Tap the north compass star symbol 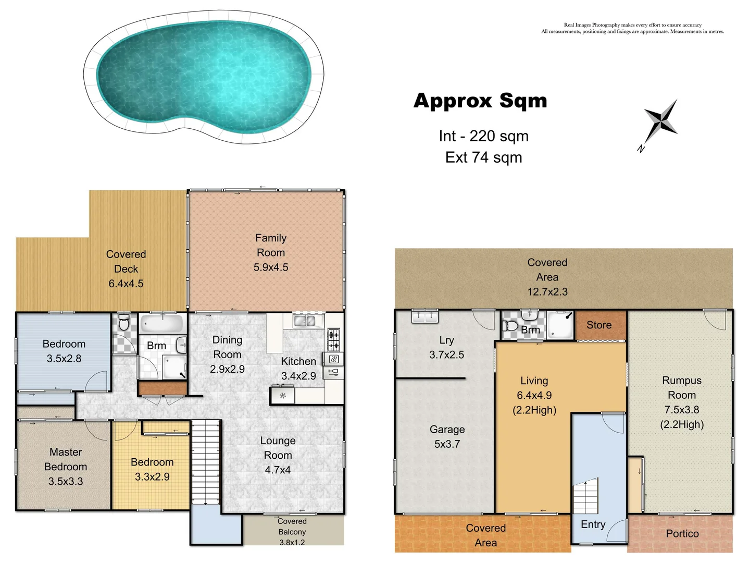coord(660,120)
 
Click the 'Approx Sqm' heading coord(480,101)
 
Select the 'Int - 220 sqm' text coord(483,136)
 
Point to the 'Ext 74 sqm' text coord(483,157)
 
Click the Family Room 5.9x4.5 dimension coord(271,267)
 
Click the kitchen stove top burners coord(333,340)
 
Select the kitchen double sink coord(304,321)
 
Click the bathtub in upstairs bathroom coord(162,324)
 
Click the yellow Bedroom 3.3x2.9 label coord(152,469)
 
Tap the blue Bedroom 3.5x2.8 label coord(64,351)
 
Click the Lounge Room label coord(278,448)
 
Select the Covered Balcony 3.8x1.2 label coord(292,532)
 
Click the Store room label coord(599,325)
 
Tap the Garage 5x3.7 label coord(447,436)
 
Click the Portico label coord(682,533)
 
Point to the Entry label coord(593,524)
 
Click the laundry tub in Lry coord(424,316)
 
